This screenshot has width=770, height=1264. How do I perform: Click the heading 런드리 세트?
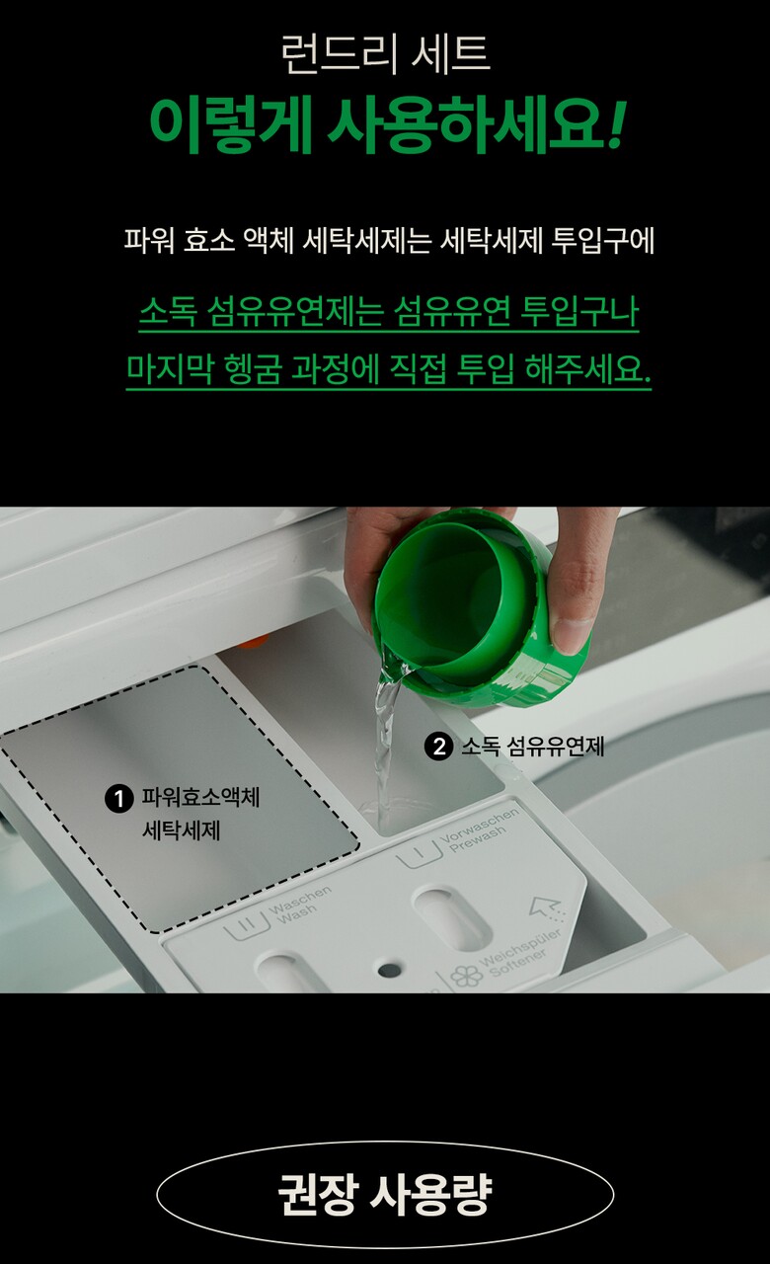click(385, 54)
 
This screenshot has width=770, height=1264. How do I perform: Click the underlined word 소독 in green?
click(168, 311)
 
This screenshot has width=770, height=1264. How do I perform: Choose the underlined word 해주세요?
click(587, 369)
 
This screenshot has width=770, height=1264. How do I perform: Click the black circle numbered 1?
click(119, 799)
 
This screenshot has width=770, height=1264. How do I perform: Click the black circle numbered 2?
click(438, 746)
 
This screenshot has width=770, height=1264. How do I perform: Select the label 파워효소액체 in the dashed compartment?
click(200, 797)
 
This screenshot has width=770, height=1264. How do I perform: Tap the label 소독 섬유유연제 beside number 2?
click(532, 746)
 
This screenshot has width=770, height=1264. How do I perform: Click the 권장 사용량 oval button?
click(385, 1193)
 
